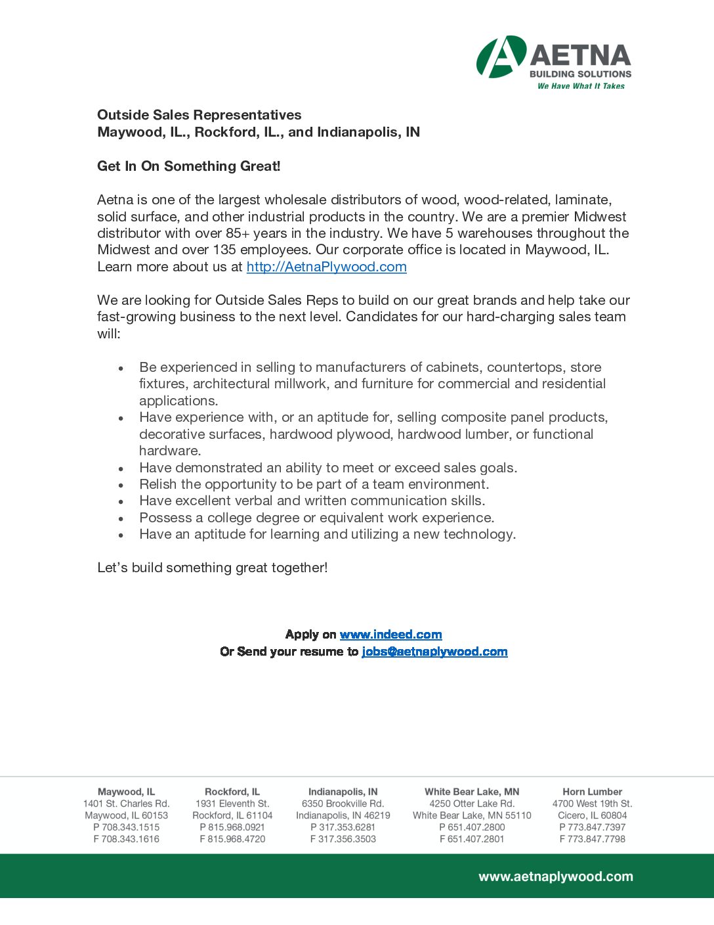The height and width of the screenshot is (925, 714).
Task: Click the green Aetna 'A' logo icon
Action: tap(501, 56)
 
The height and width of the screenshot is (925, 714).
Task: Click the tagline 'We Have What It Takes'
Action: tap(581, 86)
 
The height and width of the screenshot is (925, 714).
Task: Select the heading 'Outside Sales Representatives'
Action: tap(199, 115)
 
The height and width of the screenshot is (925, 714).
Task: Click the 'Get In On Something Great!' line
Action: tap(188, 166)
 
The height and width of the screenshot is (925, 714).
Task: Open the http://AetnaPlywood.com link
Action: tap(326, 267)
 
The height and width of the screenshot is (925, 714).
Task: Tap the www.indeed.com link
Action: tap(390, 635)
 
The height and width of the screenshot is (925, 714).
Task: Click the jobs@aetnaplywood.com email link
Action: tap(434, 652)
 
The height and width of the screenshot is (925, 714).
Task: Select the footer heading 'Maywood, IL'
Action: tap(126, 792)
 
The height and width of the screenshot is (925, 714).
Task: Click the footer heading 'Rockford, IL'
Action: tap(232, 792)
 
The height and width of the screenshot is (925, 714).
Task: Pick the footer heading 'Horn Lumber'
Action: tap(592, 792)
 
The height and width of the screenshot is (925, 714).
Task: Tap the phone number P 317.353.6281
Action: tap(343, 827)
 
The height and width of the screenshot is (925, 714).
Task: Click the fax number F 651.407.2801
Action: tap(472, 839)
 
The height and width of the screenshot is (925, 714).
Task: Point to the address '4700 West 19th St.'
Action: tap(592, 803)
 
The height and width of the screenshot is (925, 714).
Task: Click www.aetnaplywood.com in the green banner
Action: tap(555, 876)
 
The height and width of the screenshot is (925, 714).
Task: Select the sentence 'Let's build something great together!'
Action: tap(212, 568)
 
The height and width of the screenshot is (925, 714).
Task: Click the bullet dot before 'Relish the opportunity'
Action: tap(121, 485)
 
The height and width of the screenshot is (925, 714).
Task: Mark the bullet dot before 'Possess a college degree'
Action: tap(121, 519)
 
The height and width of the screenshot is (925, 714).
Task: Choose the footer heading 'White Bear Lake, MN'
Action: tap(472, 792)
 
